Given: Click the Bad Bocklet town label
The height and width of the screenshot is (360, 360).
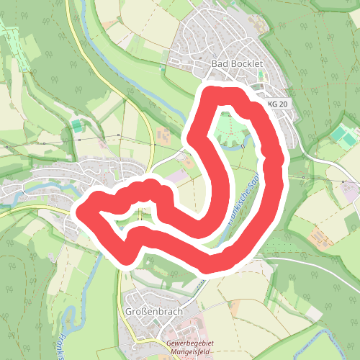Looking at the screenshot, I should (237, 64).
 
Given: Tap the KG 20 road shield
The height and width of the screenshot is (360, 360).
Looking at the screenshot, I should (277, 104).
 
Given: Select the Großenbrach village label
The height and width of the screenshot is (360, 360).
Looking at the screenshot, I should (153, 312).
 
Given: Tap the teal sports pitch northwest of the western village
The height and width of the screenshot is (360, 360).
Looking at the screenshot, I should (76, 126).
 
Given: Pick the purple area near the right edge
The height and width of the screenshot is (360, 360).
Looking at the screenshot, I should (351, 193).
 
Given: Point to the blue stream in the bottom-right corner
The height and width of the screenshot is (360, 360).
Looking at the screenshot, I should (328, 338).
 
